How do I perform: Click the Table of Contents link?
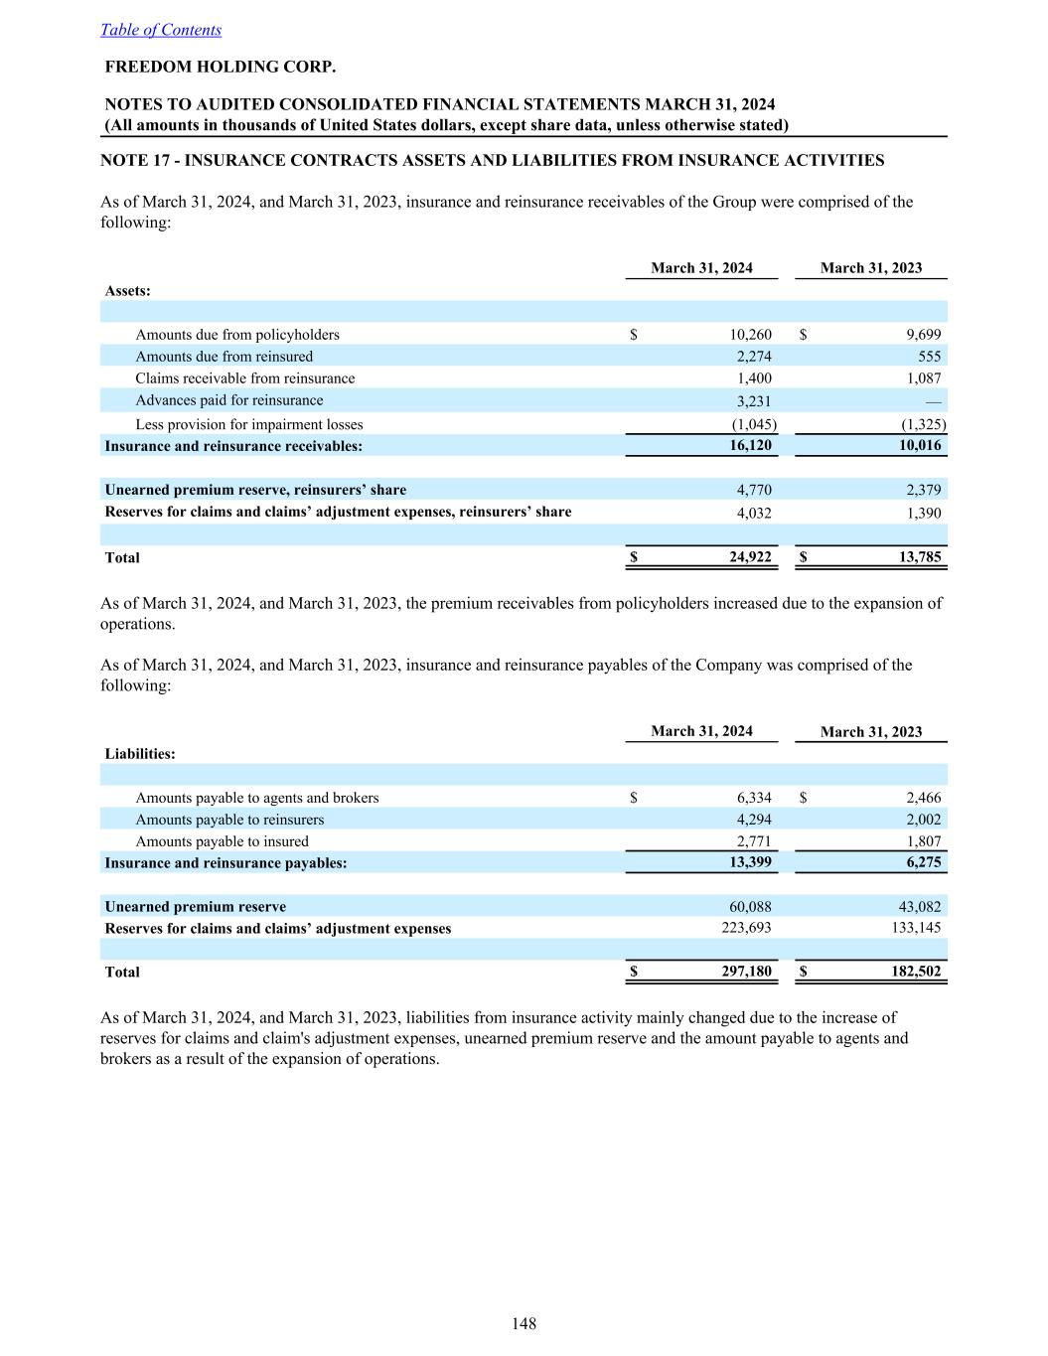point(161,30)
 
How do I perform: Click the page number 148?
point(524,1323)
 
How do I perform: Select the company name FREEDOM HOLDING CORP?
point(221,68)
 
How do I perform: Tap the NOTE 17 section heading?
point(493,160)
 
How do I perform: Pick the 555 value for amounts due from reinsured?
point(929,357)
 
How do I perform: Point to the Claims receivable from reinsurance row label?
point(245,378)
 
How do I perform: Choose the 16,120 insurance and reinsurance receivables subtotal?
point(750,446)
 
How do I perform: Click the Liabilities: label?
point(140,754)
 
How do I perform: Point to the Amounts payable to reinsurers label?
point(229,820)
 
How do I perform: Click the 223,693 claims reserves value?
point(745,928)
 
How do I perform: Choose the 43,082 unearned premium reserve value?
point(919,906)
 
